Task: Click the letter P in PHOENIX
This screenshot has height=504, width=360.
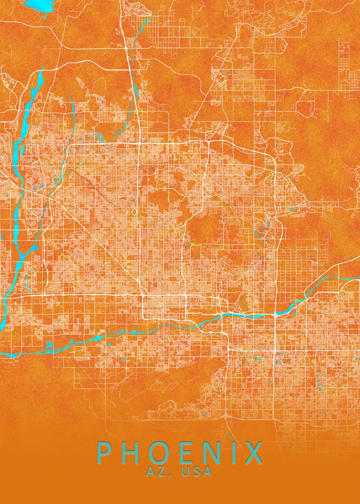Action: pos(105,453)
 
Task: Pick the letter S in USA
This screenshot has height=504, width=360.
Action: pos(197,472)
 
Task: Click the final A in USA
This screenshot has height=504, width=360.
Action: pos(208,472)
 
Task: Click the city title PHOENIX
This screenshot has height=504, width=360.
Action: pos(180,453)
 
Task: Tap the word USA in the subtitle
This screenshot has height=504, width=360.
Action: pos(197,472)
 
